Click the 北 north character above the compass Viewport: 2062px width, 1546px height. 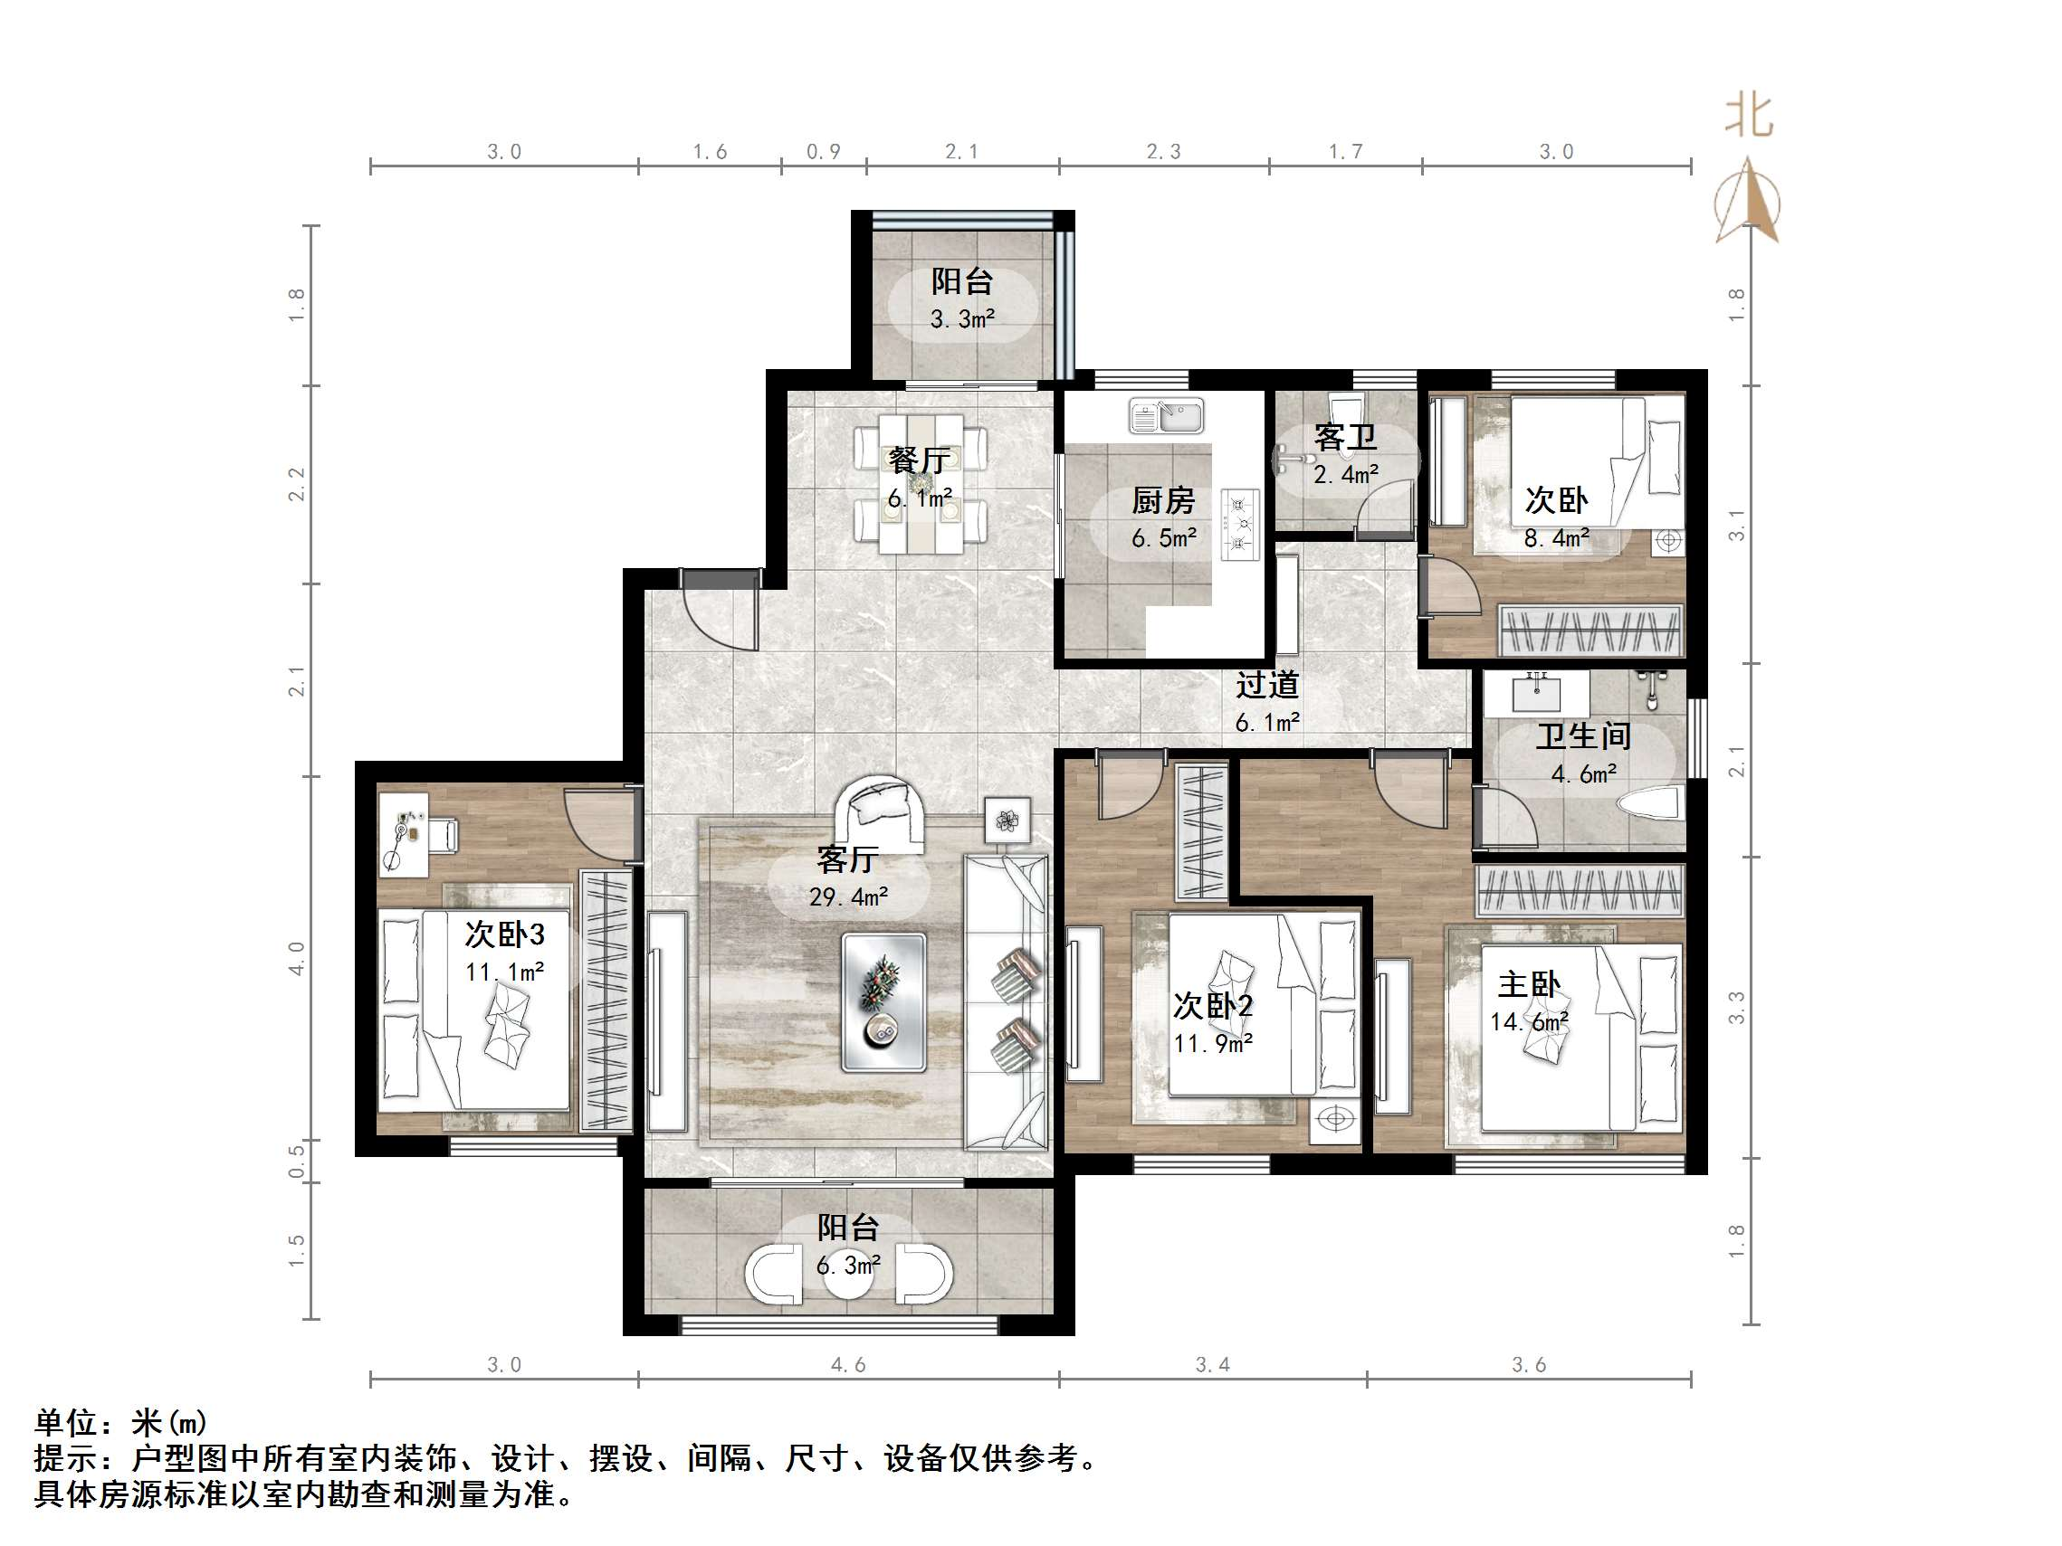click(1748, 118)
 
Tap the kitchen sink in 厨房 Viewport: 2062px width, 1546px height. click(1166, 415)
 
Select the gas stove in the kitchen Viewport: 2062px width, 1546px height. click(1241, 526)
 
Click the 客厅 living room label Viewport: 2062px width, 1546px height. click(846, 859)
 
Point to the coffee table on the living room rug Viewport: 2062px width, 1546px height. click(883, 1001)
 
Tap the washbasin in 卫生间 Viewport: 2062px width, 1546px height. click(1537, 693)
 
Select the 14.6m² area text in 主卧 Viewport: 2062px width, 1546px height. click(1529, 1022)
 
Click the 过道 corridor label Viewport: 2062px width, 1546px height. click(1267, 685)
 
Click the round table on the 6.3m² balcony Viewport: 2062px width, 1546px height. click(848, 1278)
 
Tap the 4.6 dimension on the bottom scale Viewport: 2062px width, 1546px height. click(848, 1365)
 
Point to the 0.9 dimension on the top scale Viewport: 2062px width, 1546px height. click(823, 152)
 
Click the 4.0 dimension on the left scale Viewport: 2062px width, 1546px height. click(296, 958)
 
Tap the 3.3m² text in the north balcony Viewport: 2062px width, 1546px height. click(962, 319)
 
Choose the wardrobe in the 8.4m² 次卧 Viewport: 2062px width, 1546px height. click(1590, 630)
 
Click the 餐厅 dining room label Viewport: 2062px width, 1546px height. click(918, 460)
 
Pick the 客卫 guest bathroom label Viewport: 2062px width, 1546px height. click(1344, 437)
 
